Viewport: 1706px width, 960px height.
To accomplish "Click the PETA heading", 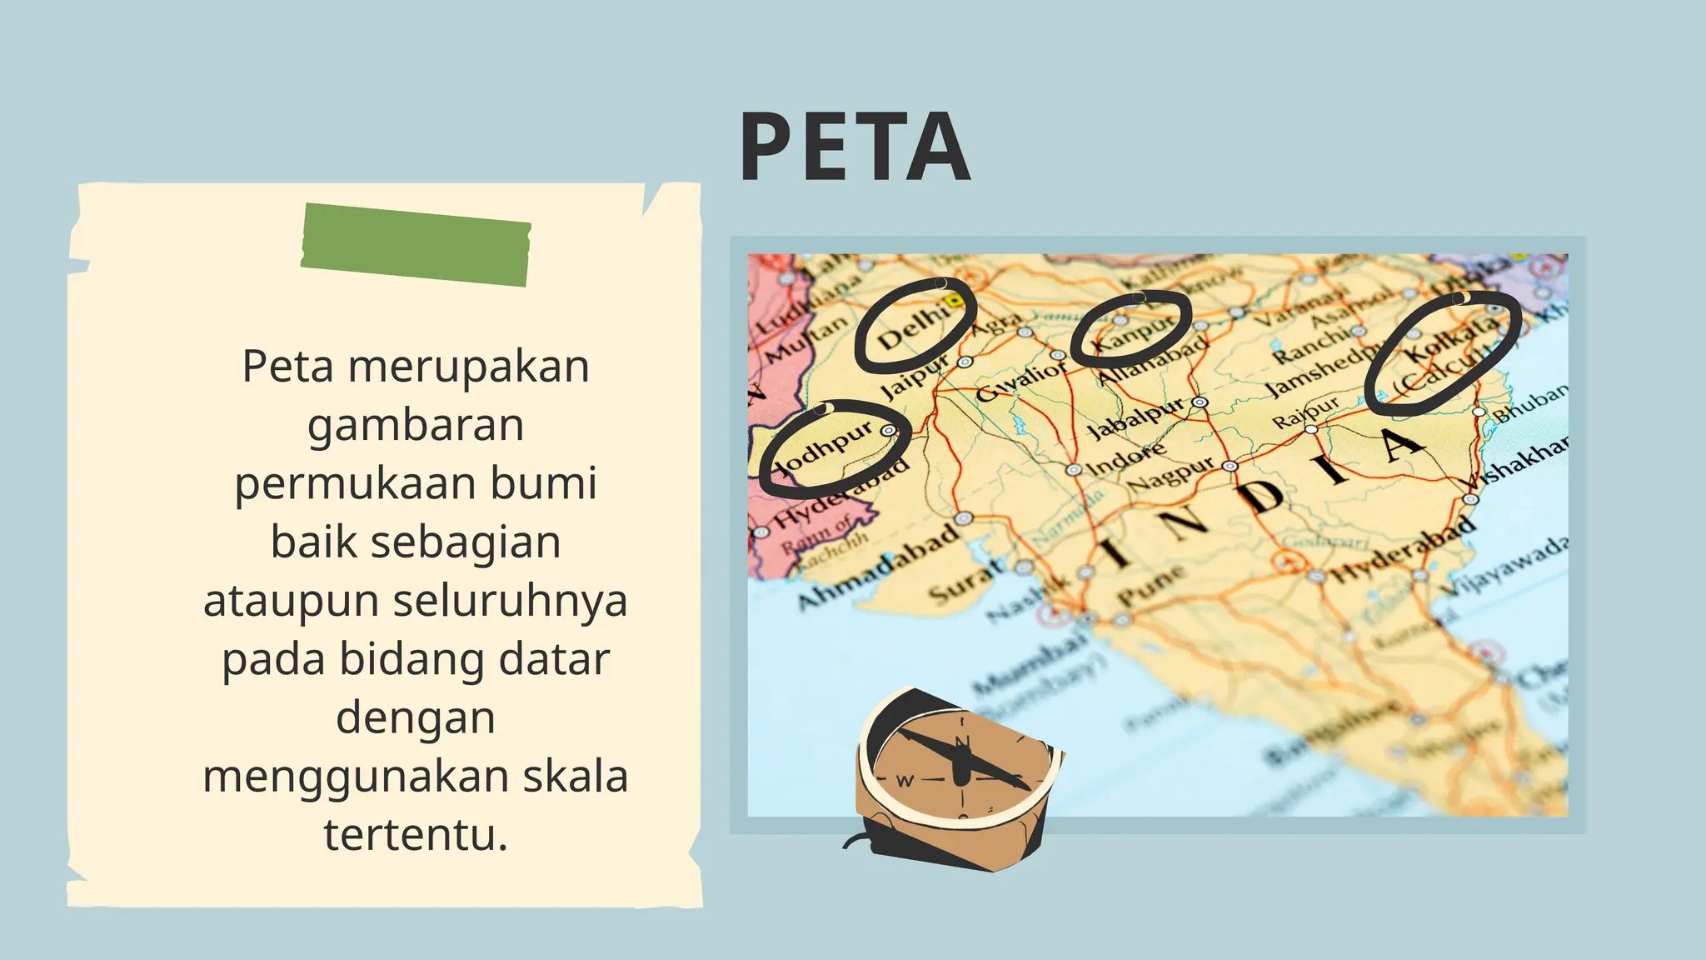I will pos(855,147).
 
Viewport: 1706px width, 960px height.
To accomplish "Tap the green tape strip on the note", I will pos(416,245).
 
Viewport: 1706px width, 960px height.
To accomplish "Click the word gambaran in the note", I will pos(416,425).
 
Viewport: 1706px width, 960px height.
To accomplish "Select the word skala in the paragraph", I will pos(575,777).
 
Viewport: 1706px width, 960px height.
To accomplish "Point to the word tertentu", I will pos(416,835).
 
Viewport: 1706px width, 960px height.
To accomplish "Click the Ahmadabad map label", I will pos(879,567).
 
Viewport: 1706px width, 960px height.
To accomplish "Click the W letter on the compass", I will pos(905,781).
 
